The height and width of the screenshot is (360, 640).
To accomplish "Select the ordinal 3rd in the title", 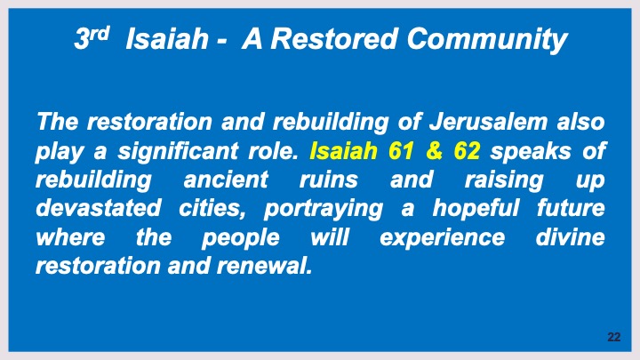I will [x=91, y=39].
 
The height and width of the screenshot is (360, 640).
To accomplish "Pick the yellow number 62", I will [x=467, y=151].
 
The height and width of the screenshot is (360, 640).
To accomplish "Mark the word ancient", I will [x=224, y=180].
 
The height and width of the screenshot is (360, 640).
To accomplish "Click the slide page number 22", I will [x=613, y=338].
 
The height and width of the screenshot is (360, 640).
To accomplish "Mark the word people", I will [x=239, y=239].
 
